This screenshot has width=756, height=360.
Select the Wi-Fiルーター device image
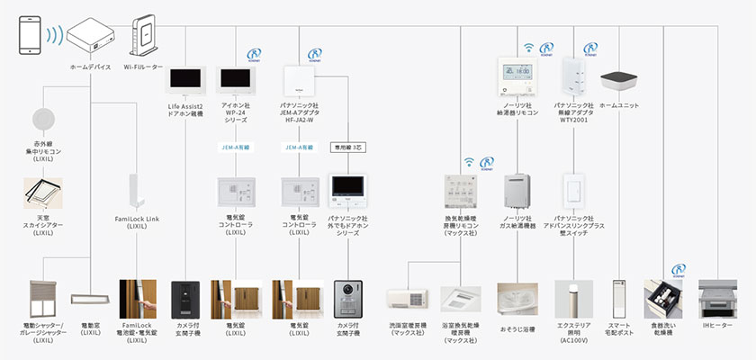pyautogui.click(x=142, y=36)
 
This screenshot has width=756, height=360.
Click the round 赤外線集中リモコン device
pyautogui.click(x=43, y=120)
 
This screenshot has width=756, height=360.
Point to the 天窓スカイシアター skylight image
pyautogui.click(x=43, y=192)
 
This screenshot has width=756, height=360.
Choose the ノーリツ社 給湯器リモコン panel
pyautogui.click(x=517, y=78)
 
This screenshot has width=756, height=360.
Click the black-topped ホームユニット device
pyautogui.click(x=620, y=83)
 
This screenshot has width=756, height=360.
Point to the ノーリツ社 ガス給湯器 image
pyautogui.click(x=517, y=190)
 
